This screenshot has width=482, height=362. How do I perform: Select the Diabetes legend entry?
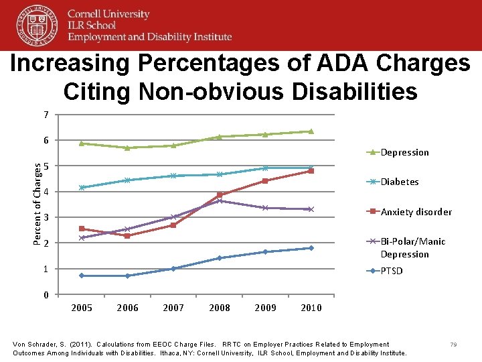point(399,182)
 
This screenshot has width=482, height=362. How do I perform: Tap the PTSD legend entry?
point(392,271)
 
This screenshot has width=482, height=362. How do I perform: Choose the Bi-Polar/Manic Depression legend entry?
point(412,247)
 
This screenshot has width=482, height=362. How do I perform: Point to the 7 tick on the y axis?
point(46,115)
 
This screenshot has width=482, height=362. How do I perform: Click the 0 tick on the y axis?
point(46,295)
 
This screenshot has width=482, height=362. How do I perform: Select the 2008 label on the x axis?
point(220,308)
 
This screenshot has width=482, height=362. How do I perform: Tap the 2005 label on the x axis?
point(82,308)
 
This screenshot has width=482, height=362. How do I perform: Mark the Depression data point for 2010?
point(311,131)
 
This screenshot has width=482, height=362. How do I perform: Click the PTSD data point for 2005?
point(81,276)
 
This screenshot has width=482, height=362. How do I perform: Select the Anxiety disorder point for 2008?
point(220,194)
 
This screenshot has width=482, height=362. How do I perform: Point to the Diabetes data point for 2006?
point(127,180)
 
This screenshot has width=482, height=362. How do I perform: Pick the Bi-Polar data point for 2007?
point(173,217)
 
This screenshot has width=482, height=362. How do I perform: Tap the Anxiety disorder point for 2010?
point(311,171)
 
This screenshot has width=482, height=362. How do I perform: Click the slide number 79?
point(453,345)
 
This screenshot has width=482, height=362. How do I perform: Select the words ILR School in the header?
point(90,25)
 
